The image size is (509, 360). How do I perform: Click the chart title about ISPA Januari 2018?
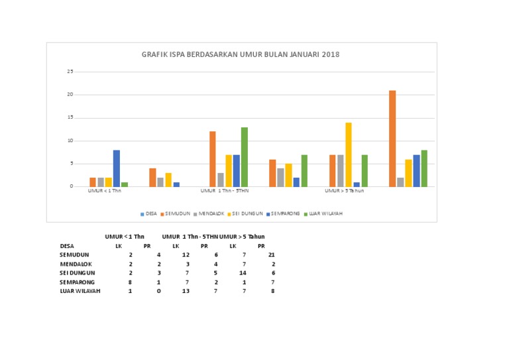[241, 54]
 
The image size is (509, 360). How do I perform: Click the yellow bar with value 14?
[348, 154]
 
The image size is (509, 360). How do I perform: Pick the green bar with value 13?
[245, 156]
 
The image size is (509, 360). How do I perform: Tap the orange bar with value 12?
[213, 158]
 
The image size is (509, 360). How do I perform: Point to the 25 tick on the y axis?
[70, 72]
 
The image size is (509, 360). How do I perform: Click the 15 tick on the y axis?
[70, 117]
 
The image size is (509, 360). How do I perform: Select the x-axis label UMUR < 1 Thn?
[105, 191]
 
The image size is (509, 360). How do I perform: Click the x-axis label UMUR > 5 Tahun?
[344, 191]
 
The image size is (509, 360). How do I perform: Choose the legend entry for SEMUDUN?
[174, 213]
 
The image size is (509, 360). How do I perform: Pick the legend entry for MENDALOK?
[209, 213]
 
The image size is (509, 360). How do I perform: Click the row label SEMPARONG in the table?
[77, 282]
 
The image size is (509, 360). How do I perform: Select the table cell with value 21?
[271, 255]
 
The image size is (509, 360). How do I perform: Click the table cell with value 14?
[243, 272]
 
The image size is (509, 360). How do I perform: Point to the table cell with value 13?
[186, 290]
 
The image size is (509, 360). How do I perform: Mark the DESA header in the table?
[67, 245]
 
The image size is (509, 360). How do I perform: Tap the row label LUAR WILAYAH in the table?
[80, 290]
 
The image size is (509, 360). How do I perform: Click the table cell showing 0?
[158, 290]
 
